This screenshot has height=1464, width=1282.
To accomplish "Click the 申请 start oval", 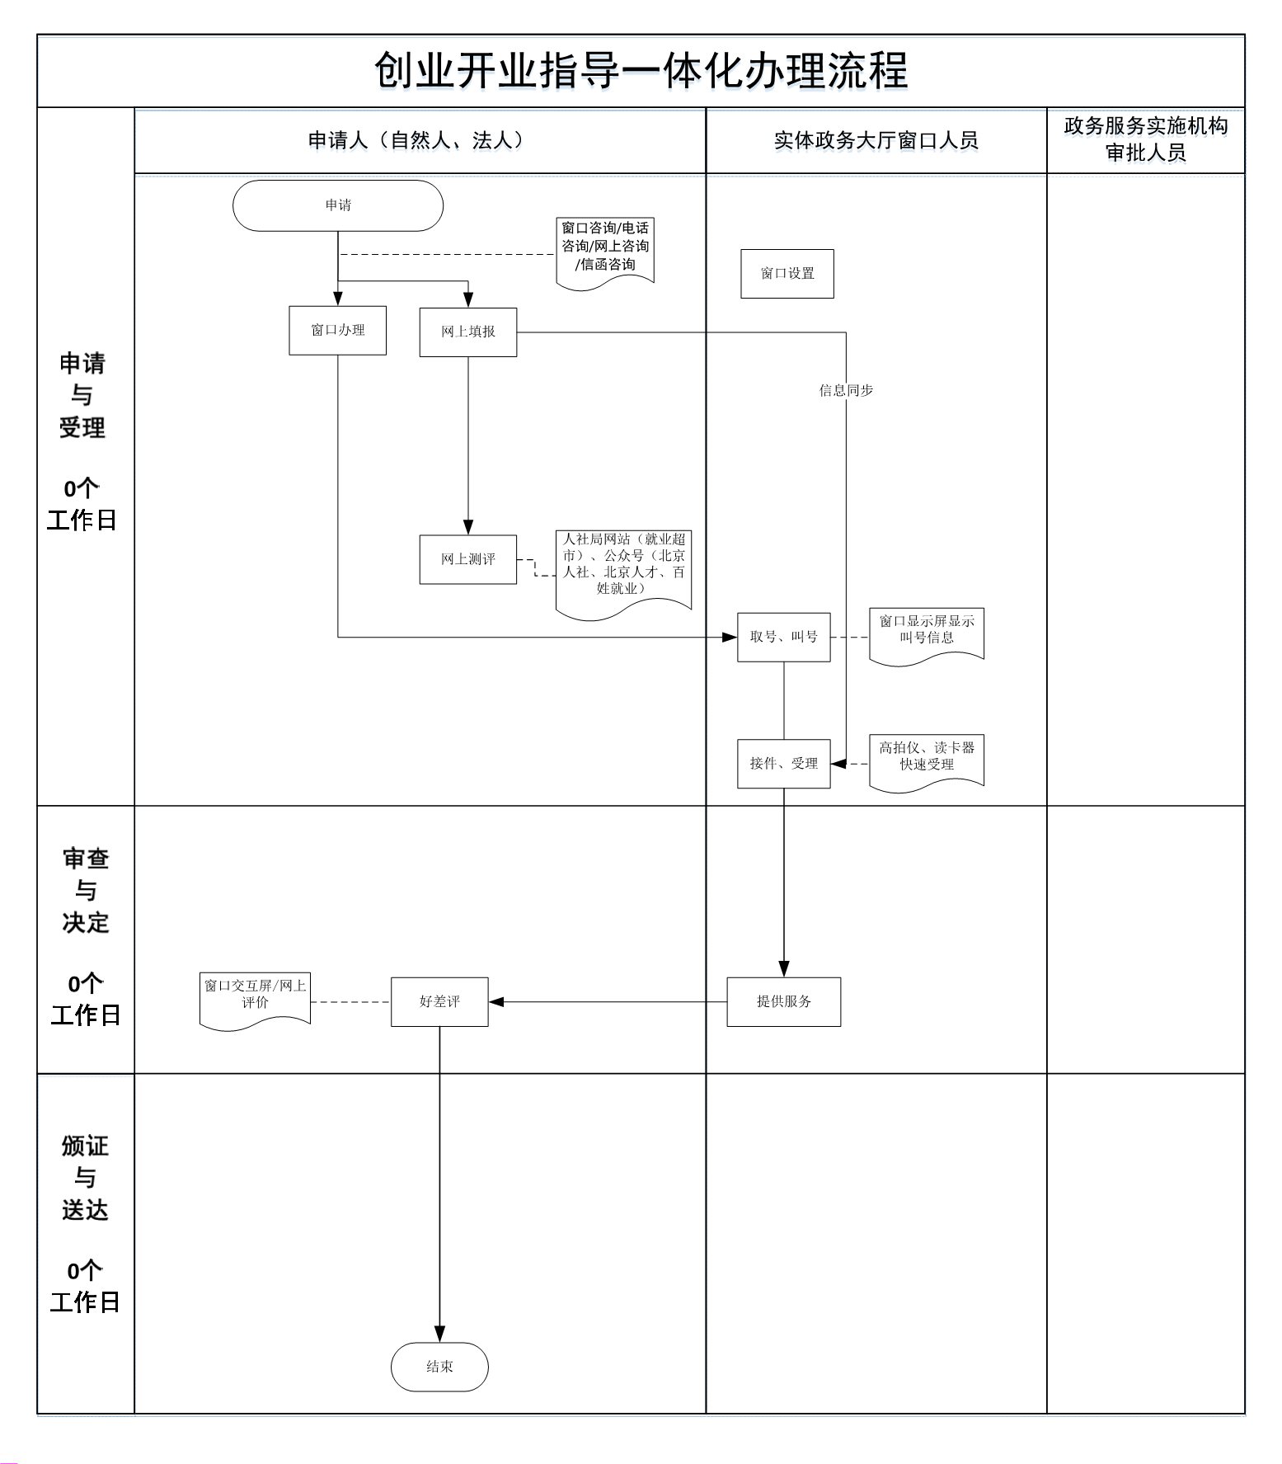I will (x=338, y=205).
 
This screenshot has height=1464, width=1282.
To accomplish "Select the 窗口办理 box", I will (x=338, y=331).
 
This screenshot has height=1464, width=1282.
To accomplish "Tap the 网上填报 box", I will (x=468, y=332).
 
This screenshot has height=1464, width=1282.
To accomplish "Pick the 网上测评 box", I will (x=468, y=560).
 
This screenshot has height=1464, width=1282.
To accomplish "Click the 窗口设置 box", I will (x=787, y=274).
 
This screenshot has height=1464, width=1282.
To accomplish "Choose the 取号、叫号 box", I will (x=784, y=638).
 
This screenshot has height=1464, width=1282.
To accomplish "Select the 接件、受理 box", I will (x=784, y=764).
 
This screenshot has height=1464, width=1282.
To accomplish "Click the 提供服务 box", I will (x=784, y=1002).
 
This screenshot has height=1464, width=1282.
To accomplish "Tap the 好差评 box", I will (x=439, y=1002).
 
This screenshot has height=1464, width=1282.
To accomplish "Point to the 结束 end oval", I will (x=439, y=1367).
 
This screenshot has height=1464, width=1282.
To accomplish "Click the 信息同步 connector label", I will (x=846, y=391).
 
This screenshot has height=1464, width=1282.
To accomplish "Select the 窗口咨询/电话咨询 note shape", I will (x=605, y=247).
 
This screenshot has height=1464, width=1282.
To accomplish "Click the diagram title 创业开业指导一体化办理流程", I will (x=641, y=71).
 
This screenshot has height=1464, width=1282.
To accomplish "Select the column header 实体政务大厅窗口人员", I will (x=876, y=141).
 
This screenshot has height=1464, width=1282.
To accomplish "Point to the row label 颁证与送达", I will (x=85, y=1178).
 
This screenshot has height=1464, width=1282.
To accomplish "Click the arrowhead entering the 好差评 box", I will (x=496, y=1002).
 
